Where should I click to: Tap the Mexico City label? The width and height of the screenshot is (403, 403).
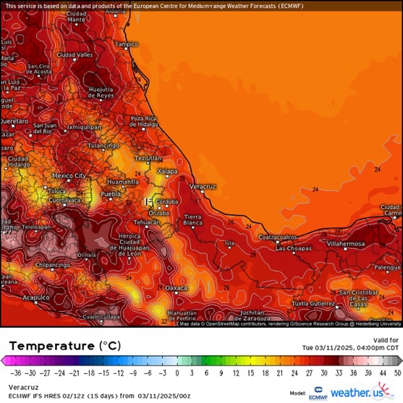tap(69, 175)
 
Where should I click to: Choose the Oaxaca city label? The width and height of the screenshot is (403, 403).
tap(177, 287)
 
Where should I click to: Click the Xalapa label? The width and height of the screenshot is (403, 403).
tap(167, 171)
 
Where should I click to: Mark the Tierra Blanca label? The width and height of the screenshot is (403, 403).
tap(193, 220)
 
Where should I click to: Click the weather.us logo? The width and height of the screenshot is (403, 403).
tap(358, 393)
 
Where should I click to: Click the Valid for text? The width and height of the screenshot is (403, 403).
tap(386, 339)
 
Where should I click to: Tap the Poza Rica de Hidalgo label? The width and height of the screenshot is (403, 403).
tap(143, 122)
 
